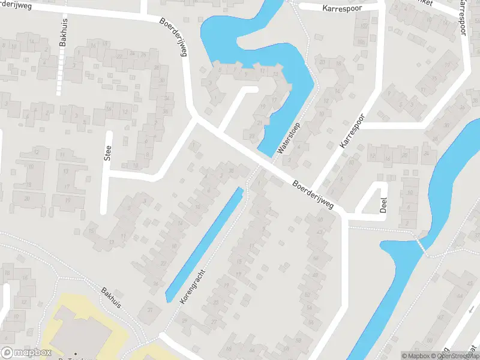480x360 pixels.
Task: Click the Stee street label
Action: click(x=108, y=154)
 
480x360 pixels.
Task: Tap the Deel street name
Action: click(x=383, y=205)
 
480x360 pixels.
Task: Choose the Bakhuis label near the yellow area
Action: click(x=111, y=296)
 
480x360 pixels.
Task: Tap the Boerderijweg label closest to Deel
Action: click(x=312, y=193)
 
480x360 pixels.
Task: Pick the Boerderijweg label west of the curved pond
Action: click(x=174, y=37)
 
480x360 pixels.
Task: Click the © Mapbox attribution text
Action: click(x=418, y=356)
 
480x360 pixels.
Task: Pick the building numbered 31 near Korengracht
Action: click(x=150, y=310)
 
